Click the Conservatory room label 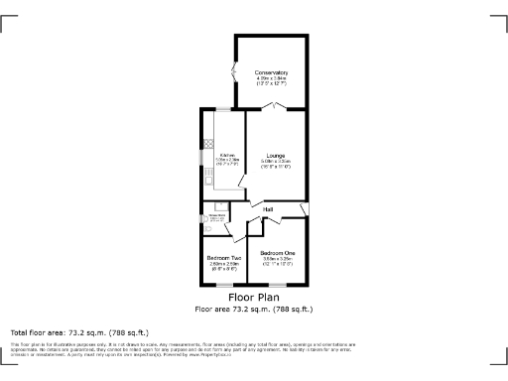point(271,72)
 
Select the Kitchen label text point(226,155)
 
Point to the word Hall point(268,208)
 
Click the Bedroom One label point(278,253)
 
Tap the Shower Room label point(214,214)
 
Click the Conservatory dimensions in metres point(271,78)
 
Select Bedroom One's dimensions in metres point(278,259)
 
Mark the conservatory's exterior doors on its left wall point(234,74)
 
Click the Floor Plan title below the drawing point(254,298)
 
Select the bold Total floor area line point(79,331)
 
